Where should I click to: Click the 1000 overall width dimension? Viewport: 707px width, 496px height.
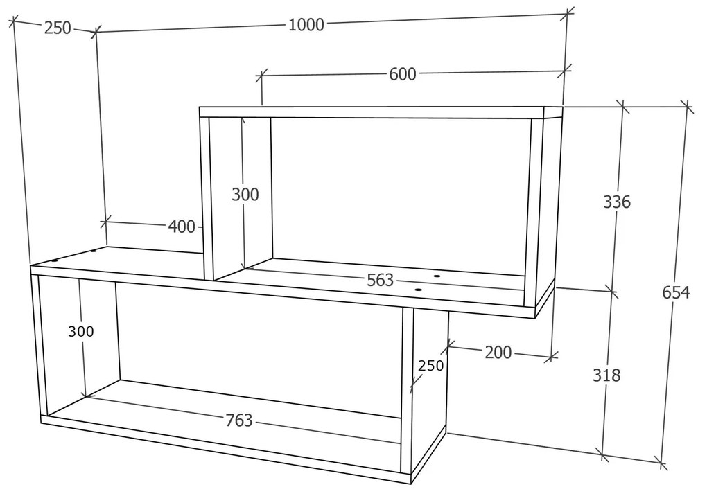306,24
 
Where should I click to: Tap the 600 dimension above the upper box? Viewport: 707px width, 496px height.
402,74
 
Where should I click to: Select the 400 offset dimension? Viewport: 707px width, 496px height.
182,226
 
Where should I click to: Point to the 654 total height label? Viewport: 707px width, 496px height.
675,292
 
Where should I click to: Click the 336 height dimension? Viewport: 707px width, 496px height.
616,202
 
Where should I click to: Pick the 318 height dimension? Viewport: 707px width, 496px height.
606,375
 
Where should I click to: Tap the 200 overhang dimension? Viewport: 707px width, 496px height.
498,353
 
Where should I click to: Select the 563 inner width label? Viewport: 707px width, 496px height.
380,280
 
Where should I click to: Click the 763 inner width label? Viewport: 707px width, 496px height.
239,420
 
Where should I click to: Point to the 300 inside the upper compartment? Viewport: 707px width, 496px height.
245,195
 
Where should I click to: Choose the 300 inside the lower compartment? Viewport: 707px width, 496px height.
80,332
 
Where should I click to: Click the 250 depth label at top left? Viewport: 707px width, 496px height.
58,28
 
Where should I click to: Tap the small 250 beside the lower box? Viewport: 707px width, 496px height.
430,365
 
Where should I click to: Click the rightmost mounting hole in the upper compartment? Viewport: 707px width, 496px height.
437,276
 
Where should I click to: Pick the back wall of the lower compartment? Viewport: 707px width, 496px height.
259,349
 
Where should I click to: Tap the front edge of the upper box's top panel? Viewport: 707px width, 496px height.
372,112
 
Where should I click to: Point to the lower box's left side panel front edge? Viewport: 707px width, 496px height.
35,344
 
